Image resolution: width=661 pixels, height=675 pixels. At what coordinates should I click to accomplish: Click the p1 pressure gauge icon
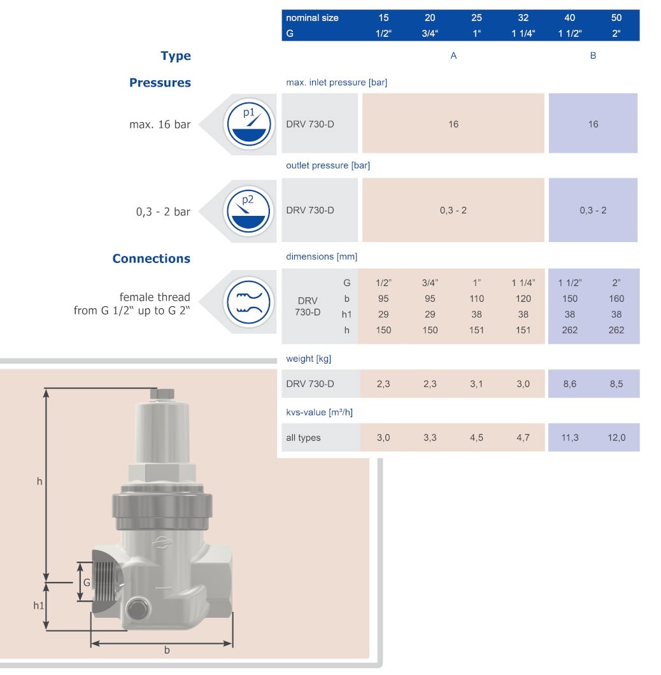point(249,124)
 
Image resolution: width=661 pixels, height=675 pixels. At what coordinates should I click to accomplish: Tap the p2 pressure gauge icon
point(249,211)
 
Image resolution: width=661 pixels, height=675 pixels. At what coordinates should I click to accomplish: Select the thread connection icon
point(249,299)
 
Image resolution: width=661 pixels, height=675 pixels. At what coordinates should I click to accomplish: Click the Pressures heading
point(160,83)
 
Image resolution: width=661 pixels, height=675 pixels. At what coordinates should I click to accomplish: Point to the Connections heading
point(151,259)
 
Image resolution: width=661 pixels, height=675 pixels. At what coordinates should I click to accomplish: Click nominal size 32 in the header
point(523,18)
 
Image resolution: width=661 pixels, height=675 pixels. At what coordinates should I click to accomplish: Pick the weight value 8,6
point(570,384)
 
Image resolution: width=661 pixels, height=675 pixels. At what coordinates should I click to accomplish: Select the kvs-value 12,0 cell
point(616,437)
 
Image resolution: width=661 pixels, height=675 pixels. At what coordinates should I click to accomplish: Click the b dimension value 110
point(476,299)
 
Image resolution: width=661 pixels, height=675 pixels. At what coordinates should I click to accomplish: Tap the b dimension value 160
point(616,299)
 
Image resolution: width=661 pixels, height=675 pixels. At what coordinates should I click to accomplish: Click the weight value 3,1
point(476,384)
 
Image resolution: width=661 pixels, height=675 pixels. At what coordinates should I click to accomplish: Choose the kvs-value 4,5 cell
point(476,437)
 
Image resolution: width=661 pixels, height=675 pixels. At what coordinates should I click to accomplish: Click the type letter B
point(593,56)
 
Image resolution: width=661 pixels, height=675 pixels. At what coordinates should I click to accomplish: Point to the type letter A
point(453,56)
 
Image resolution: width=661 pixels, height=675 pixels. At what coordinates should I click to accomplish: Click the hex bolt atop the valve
point(162,394)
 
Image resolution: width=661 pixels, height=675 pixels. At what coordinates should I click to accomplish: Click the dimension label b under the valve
point(167,650)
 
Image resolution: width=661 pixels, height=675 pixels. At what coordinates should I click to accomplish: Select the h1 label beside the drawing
point(39,605)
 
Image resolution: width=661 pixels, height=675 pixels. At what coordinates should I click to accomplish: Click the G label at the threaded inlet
point(87,582)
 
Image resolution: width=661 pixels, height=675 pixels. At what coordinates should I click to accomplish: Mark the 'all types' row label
point(304,437)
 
